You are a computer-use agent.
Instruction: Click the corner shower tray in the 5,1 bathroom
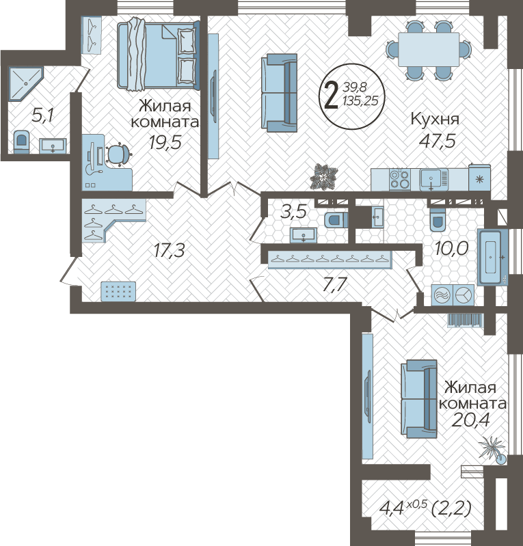click(25, 84)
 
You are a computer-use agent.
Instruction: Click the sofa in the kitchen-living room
click(279, 93)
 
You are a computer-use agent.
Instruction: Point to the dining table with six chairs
click(429, 49)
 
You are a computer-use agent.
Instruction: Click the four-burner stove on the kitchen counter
click(399, 179)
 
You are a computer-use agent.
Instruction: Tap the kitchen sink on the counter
click(433, 179)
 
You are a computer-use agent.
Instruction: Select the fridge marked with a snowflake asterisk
click(479, 178)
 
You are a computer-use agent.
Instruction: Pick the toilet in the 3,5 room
click(336, 220)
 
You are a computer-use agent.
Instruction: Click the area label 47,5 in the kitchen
click(438, 140)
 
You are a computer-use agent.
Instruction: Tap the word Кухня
click(435, 119)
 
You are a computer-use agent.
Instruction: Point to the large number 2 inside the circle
click(331, 94)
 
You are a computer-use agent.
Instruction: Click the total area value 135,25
click(360, 100)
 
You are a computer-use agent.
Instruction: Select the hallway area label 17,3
click(170, 250)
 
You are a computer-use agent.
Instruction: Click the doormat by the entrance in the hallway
click(118, 290)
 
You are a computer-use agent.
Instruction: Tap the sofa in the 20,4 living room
click(419, 398)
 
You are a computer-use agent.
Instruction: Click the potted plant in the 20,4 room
click(492, 450)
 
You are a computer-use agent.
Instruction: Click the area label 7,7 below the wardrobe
click(334, 284)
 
